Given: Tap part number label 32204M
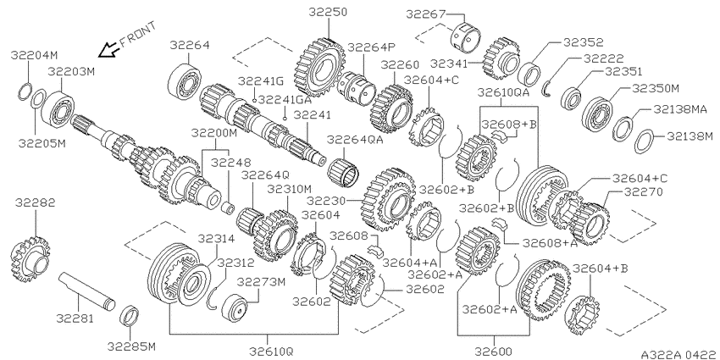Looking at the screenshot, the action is tap(34, 56).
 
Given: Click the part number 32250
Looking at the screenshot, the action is tap(328, 12).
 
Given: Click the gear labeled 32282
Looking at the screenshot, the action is tap(30, 260).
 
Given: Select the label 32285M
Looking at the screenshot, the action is tap(132, 346).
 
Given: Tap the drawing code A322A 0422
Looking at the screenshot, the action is tap(679, 354).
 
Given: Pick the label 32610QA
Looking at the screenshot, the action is tap(504, 92).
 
